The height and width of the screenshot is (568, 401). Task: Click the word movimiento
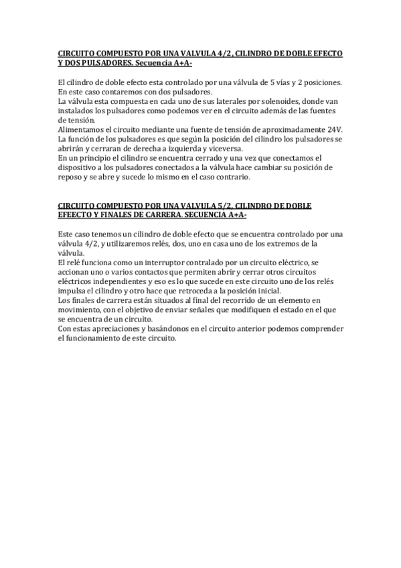[x=82, y=311]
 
